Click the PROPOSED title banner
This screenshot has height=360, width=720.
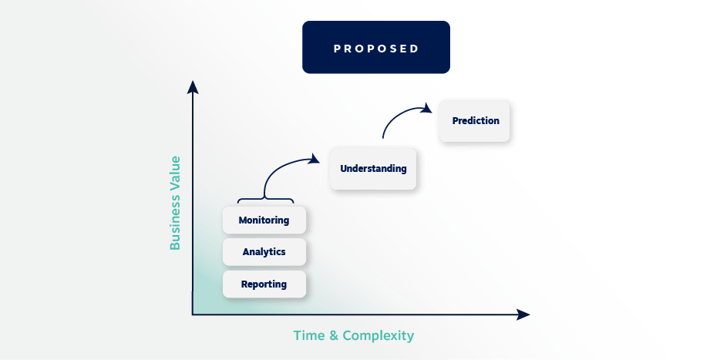pyautogui.click(x=375, y=48)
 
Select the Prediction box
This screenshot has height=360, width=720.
pyautogui.click(x=475, y=121)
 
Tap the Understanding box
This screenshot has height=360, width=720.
pyautogui.click(x=373, y=169)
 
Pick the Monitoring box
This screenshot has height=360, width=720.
pyautogui.click(x=264, y=220)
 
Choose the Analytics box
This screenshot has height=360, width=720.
pyautogui.click(x=264, y=252)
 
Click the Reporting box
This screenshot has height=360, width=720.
pyautogui.click(x=264, y=284)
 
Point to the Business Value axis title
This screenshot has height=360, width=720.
pyautogui.click(x=175, y=203)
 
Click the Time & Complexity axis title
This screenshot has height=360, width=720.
pyautogui.click(x=353, y=336)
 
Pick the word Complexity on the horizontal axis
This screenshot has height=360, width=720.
pyautogui.click(x=378, y=336)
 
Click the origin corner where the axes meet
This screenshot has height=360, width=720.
pyautogui.click(x=193, y=315)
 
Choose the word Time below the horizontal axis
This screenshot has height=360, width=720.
pyautogui.click(x=308, y=336)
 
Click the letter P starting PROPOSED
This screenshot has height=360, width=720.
pyautogui.click(x=337, y=49)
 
